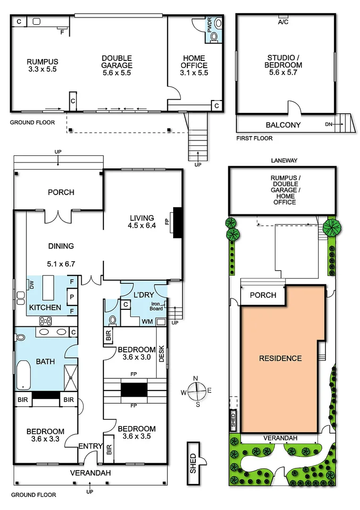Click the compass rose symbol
197,391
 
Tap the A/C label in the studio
283,22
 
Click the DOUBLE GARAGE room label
117,66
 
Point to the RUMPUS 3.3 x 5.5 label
42,66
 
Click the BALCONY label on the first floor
283,125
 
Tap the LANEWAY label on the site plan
284,161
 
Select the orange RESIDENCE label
280,358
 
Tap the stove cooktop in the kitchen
46,321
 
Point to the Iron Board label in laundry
157,306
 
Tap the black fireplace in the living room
178,222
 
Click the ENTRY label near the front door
88,446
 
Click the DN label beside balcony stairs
328,125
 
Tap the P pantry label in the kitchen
72,297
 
